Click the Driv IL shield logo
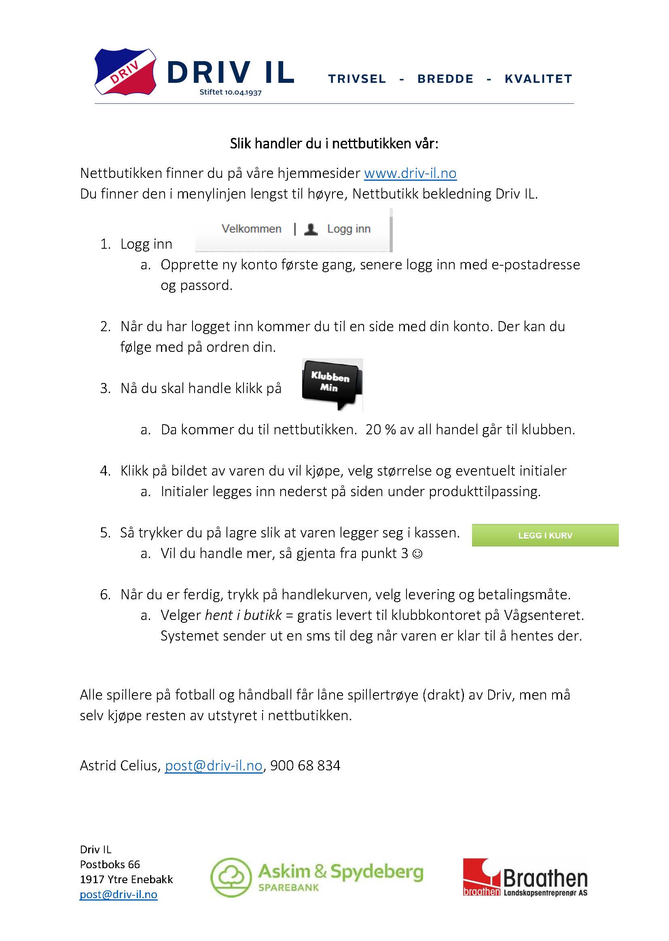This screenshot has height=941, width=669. tap(125, 72)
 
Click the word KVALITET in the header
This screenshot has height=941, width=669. tap(538, 79)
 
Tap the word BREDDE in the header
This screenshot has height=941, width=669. tap(445, 79)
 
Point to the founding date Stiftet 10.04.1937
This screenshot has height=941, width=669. tap(230, 92)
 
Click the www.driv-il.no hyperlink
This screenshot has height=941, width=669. tap(410, 173)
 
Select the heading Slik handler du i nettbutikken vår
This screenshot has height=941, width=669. tap(334, 143)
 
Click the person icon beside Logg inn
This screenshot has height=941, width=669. tap(311, 229)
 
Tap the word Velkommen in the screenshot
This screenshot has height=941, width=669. tap(251, 229)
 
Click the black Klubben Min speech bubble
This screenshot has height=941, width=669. tap(332, 383)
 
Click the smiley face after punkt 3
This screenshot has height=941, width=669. tap(417, 554)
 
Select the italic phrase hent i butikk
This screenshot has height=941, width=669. tap(243, 615)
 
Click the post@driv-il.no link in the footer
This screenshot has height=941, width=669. tap(118, 894)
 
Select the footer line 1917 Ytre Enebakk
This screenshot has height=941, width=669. tap(126, 879)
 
